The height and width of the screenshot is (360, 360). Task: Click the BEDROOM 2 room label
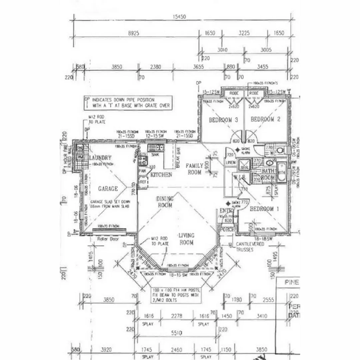(265, 119)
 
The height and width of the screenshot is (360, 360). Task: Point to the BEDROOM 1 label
(265, 209)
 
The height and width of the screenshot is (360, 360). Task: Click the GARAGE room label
(108, 189)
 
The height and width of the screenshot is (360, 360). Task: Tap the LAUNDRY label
(100, 158)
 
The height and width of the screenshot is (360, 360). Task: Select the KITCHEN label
(161, 175)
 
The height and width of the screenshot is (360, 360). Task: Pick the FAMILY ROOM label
(194, 169)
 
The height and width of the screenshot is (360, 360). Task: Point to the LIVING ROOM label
(186, 239)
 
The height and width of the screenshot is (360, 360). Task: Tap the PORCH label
(227, 230)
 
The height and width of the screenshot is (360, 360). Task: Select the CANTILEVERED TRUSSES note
(250, 247)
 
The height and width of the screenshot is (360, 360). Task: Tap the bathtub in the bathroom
(281, 172)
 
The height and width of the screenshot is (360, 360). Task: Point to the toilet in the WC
(280, 150)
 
